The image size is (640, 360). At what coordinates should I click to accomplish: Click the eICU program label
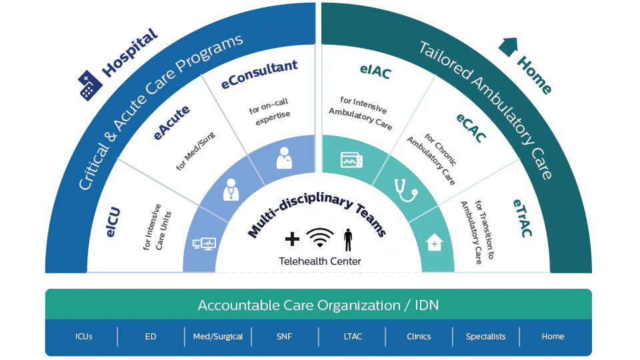click(113, 223)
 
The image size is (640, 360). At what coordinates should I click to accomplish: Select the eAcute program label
click(171, 123)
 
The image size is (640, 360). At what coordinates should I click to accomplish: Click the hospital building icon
click(90, 85)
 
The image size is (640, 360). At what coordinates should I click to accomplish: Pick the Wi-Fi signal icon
click(319, 239)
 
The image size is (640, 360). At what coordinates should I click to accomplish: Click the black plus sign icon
click(292, 239)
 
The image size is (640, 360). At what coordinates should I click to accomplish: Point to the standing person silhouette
click(347, 239)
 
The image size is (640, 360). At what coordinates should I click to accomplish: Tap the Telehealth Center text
click(319, 261)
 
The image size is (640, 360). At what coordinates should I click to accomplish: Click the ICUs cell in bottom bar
click(84, 337)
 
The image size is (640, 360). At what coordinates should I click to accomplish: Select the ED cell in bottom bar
click(151, 337)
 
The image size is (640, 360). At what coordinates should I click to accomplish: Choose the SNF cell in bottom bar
click(284, 337)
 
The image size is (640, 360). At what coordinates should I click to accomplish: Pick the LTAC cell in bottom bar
click(353, 337)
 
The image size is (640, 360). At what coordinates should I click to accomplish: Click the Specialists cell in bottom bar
click(485, 337)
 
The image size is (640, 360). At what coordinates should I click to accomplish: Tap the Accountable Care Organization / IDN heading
click(318, 305)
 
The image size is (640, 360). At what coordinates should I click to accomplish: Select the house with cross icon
click(435, 243)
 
